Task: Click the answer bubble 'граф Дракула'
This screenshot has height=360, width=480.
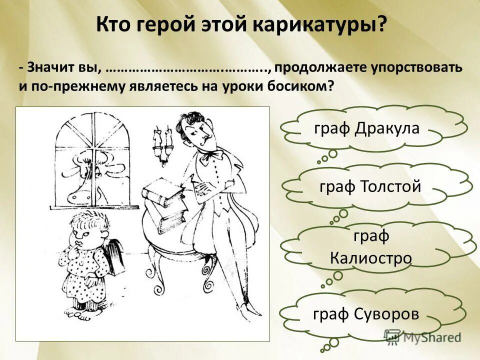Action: coord(366,128)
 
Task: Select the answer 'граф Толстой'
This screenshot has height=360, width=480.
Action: coord(370,187)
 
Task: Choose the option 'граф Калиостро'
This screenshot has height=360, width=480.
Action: coord(370,247)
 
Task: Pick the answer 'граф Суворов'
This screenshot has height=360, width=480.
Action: coord(365,314)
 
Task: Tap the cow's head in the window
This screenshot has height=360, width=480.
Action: coord(82,177)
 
